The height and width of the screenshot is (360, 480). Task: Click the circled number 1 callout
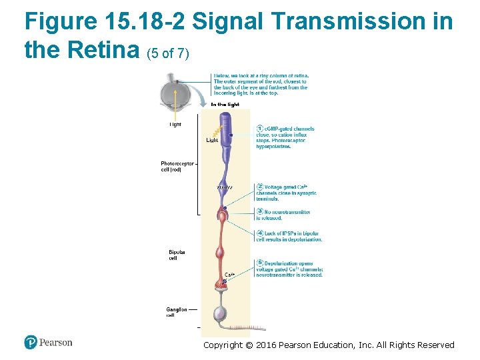[x=260, y=129]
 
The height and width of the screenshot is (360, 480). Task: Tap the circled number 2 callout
[x=260, y=187]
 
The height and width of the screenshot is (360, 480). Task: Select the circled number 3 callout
[x=260, y=212]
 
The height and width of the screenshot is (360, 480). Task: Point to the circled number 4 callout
[x=260, y=233]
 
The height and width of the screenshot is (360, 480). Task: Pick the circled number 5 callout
[x=260, y=263]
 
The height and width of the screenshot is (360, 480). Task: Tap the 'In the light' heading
[x=225, y=105]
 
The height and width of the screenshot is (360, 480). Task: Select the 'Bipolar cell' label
[x=177, y=255]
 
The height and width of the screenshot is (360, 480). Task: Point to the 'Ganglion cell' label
[x=176, y=312]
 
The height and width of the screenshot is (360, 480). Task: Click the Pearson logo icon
[x=31, y=342]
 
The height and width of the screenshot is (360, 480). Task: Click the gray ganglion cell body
[x=220, y=313]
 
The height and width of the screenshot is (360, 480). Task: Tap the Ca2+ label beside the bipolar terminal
[x=229, y=274]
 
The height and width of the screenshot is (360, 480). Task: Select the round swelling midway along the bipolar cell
[x=221, y=254]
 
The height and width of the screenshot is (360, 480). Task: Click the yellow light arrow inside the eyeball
[x=176, y=97]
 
